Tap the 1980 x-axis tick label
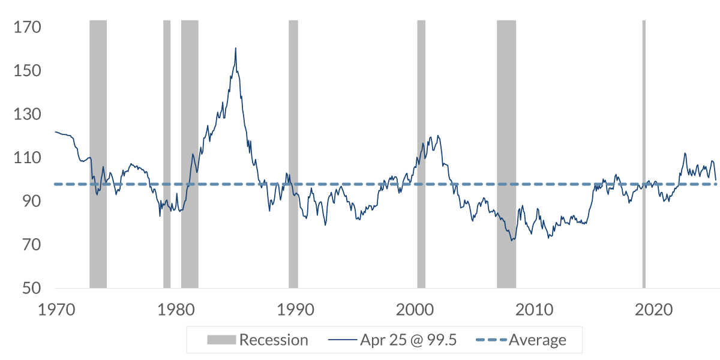pos(175,311)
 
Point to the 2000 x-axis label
pos(415,311)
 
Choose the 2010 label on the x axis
pos(534,311)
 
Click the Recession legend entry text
pos(274,340)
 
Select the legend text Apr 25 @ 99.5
pos(409,340)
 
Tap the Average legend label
pos(537,340)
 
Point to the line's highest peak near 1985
pos(236,48)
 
